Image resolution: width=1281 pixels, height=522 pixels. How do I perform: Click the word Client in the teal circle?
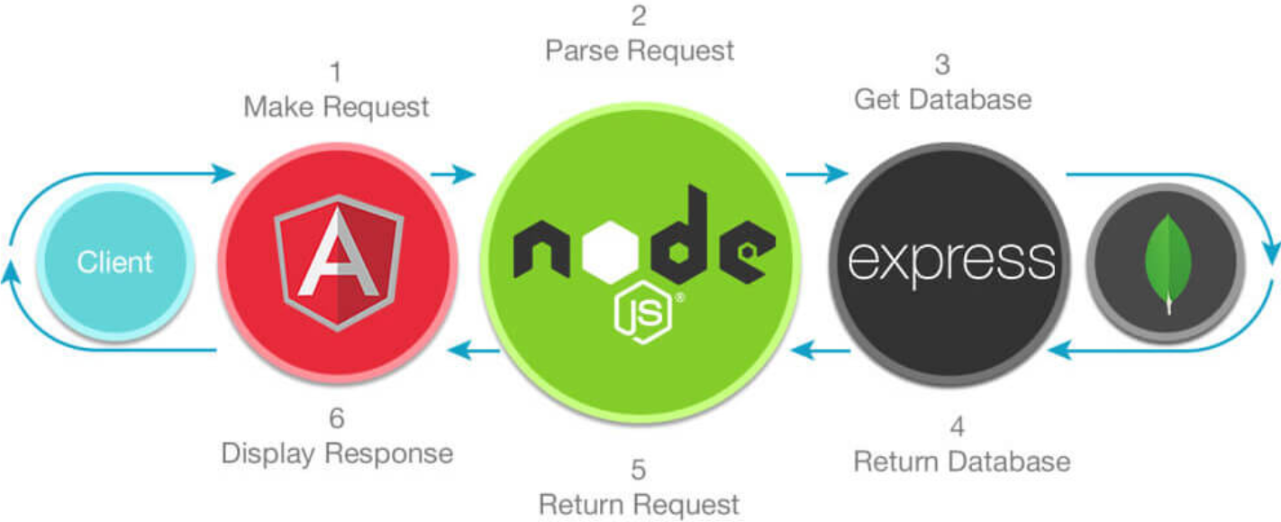click(114, 262)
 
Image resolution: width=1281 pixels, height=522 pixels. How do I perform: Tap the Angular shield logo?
click(338, 262)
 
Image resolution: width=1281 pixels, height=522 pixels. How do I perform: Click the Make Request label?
click(336, 108)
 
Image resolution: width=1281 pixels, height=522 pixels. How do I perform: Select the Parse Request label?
click(640, 50)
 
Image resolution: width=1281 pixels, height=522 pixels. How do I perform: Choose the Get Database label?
click(942, 98)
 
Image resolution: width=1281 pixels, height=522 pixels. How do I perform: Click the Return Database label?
click(961, 462)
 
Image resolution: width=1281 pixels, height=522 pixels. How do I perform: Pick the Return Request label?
click(639, 504)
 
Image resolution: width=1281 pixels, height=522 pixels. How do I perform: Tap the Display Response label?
click(337, 453)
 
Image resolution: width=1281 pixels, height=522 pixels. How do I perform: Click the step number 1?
click(336, 71)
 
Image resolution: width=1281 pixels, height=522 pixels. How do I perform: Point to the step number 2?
click(639, 14)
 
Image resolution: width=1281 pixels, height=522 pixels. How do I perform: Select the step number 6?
click(336, 418)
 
